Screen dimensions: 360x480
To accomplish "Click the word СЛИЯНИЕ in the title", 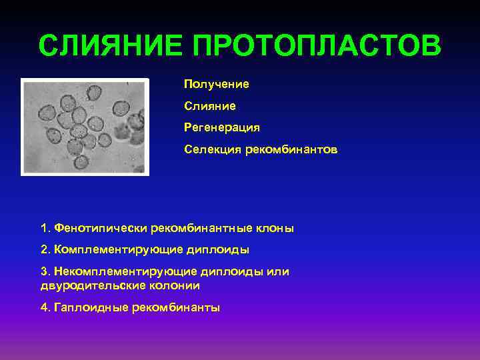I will [111, 47].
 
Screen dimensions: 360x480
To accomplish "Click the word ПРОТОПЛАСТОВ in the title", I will [317, 47].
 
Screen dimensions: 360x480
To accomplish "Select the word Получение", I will [217, 84].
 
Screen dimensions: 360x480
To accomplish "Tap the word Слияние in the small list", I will [210, 105].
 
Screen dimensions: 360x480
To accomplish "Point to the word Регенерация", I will [222, 127].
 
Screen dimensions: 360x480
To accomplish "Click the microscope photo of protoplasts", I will [85, 126].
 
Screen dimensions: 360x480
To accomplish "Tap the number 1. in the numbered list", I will [45, 228].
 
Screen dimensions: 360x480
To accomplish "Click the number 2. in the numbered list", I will [45, 250].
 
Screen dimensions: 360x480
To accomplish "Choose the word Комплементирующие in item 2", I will [109, 250].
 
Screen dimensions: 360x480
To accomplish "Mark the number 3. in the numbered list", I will [45, 272].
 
